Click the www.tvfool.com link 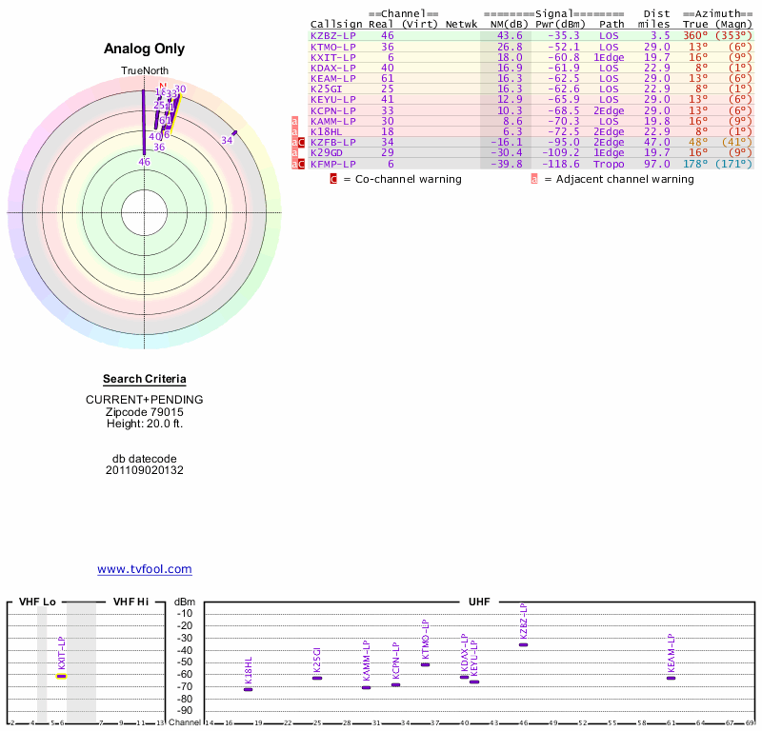tap(145, 569)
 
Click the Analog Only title tap(145, 49)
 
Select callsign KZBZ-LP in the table tap(332, 36)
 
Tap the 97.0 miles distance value tap(657, 164)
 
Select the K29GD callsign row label tap(326, 152)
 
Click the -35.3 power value tap(562, 36)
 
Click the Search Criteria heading tap(145, 379)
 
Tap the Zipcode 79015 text tap(145, 411)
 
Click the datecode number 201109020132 tap(145, 470)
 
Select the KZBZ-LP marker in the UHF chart tap(523, 644)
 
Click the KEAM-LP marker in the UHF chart tap(671, 678)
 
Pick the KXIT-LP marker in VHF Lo tap(61, 675)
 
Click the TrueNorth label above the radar tap(144, 71)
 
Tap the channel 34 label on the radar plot tap(227, 141)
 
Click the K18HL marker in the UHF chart tap(249, 688)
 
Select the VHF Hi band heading tap(130, 602)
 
